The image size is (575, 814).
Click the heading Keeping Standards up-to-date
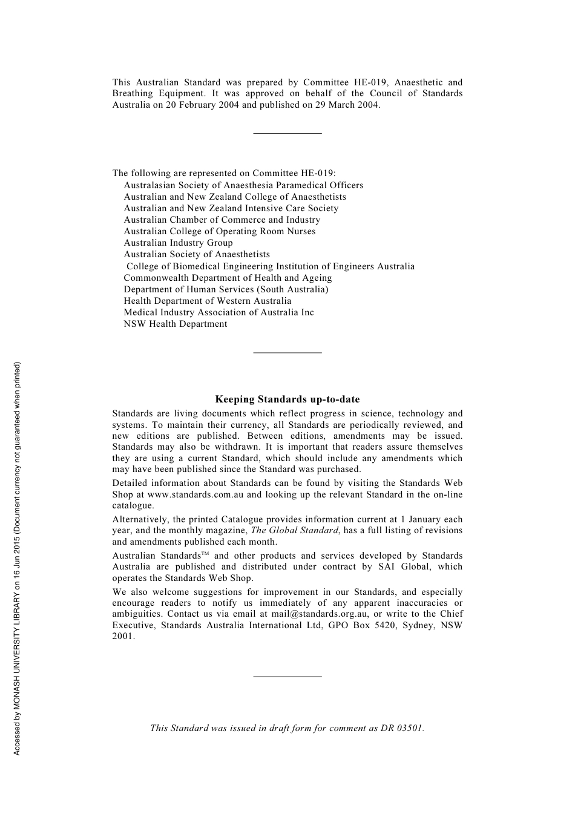click(287, 399)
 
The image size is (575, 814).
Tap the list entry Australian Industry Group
click(178, 243)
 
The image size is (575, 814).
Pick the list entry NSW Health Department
click(176, 324)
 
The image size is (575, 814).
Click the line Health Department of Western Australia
click(208, 301)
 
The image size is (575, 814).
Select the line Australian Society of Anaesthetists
click(197, 254)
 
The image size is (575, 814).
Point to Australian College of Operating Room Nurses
click(220, 231)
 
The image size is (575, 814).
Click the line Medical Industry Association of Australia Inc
click(219, 312)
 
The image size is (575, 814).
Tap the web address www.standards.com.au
click(195, 494)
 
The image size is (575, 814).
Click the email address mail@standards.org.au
click(320, 614)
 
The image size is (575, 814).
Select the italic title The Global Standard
click(295, 530)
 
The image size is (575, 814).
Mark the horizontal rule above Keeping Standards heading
click(287, 352)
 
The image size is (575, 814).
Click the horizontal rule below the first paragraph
click(287, 133)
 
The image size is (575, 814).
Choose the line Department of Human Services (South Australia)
click(226, 289)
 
